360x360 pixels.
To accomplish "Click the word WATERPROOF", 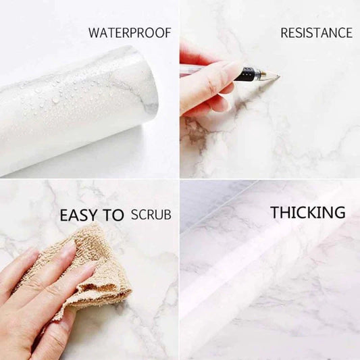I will coord(130,32).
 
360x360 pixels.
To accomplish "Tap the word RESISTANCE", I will coord(316,32).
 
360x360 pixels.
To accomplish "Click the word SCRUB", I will coord(151,215).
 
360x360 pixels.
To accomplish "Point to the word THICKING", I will coord(308,213).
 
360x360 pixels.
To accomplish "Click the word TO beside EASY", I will coord(114,216).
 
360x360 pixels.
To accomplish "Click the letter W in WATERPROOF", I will coord(94,32).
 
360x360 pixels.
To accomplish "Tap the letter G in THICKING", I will coord(339,213).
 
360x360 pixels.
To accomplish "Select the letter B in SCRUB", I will coord(167,215).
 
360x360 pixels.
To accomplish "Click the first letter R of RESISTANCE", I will coord(284,32).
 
